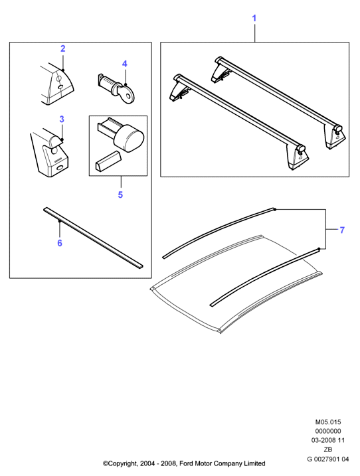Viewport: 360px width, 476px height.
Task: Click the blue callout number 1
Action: [254, 18]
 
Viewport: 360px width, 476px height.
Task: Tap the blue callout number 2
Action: [63, 48]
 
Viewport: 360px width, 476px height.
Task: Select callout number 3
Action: [62, 119]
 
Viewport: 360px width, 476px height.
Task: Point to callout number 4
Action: [125, 64]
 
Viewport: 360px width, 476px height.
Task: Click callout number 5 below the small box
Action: [120, 195]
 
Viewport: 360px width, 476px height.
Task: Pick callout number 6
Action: [60, 243]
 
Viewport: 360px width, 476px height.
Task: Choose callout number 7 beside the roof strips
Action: [342, 230]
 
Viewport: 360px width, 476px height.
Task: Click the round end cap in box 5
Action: [128, 139]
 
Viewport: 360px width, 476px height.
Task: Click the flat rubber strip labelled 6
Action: [93, 238]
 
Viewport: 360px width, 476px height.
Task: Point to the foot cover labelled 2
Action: [57, 84]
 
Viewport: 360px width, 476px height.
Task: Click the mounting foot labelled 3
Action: [50, 153]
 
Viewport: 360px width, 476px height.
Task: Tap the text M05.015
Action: [328, 422]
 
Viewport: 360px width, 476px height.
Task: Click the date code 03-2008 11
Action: [328, 440]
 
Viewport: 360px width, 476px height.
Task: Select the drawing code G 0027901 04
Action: [328, 459]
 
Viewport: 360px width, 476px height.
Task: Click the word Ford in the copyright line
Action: [187, 463]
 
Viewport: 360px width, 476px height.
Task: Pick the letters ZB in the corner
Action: [328, 449]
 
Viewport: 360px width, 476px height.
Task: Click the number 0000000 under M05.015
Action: [328, 431]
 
